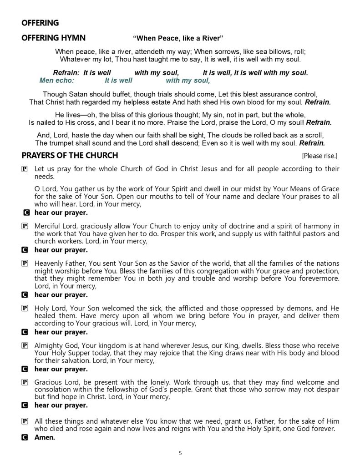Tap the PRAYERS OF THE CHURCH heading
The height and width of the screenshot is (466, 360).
click(x=70, y=156)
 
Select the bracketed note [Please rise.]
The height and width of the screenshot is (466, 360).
click(x=320, y=156)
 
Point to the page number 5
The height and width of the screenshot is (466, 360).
click(x=180, y=453)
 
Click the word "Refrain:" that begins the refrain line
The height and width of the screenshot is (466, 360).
click(x=66, y=73)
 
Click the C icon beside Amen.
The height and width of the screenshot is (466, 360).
click(x=25, y=437)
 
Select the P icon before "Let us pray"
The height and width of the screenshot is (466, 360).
click(x=25, y=169)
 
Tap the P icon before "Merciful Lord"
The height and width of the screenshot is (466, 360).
click(x=25, y=226)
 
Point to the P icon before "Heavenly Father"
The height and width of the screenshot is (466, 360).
click(x=25, y=263)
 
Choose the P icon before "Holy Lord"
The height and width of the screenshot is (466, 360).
click(x=25, y=309)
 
